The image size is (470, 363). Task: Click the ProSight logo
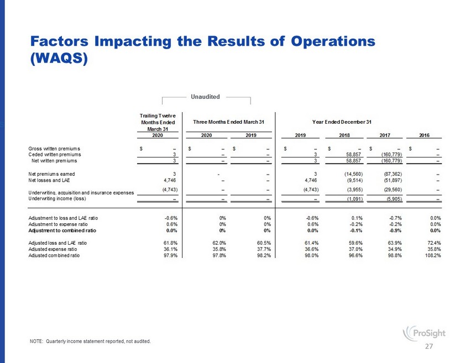coord(424,333)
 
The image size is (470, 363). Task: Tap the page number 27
coord(429,346)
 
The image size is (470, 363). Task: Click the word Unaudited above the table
coord(205,97)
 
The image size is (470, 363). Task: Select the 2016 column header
coord(424,135)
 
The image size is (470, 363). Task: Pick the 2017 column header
coord(385,135)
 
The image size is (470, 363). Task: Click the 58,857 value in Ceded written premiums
coord(354,155)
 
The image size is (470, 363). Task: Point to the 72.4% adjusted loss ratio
coord(435,243)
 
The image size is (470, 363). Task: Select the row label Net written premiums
coord(54,161)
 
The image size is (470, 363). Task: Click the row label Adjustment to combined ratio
coord(62,230)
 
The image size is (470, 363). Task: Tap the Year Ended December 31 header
coord(342,122)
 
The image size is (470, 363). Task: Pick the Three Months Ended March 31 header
coord(229,122)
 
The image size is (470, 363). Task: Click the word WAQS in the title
coord(59,58)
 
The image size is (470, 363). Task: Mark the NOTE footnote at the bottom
coord(90,341)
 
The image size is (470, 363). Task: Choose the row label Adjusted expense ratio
coord(53,249)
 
